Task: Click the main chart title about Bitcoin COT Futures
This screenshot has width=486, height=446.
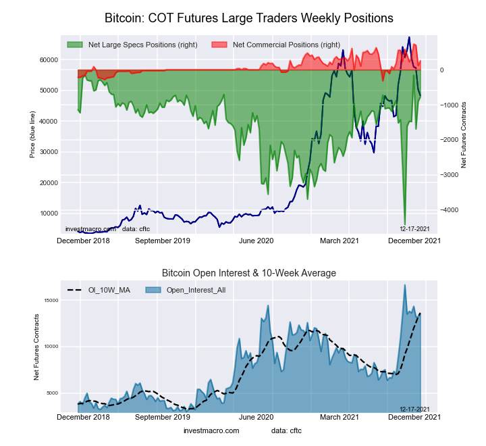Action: (x=249, y=16)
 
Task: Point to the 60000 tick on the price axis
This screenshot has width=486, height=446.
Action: (x=47, y=59)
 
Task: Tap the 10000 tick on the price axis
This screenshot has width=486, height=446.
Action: (x=47, y=214)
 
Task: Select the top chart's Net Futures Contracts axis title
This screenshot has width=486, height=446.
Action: (x=464, y=135)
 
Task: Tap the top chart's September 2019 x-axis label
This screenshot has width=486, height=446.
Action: (x=163, y=241)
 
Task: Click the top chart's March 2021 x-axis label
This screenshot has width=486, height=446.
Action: (x=339, y=241)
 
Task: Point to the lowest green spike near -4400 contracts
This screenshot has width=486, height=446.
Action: (x=404, y=224)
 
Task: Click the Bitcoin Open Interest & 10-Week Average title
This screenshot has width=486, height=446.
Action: (x=249, y=273)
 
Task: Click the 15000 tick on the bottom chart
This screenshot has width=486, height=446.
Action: (x=47, y=301)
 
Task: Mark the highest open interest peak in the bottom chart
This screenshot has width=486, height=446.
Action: (x=404, y=285)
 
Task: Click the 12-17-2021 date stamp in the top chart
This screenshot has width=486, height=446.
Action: (x=414, y=229)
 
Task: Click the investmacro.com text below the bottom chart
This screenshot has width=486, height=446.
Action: (x=211, y=430)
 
